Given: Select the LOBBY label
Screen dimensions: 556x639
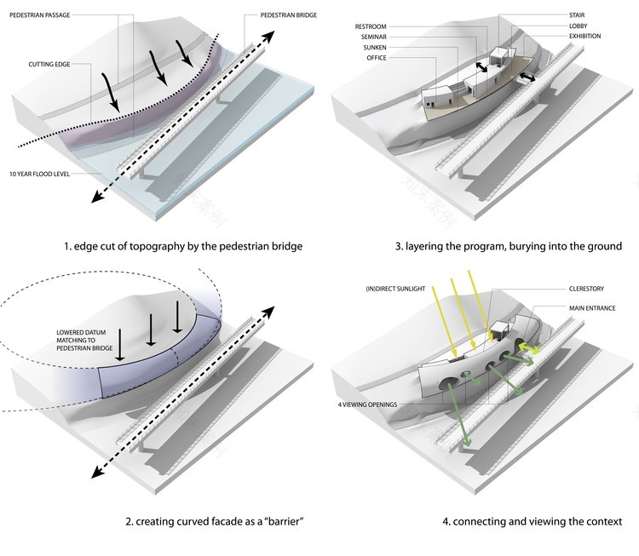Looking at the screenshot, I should pyautogui.click(x=580, y=26).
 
